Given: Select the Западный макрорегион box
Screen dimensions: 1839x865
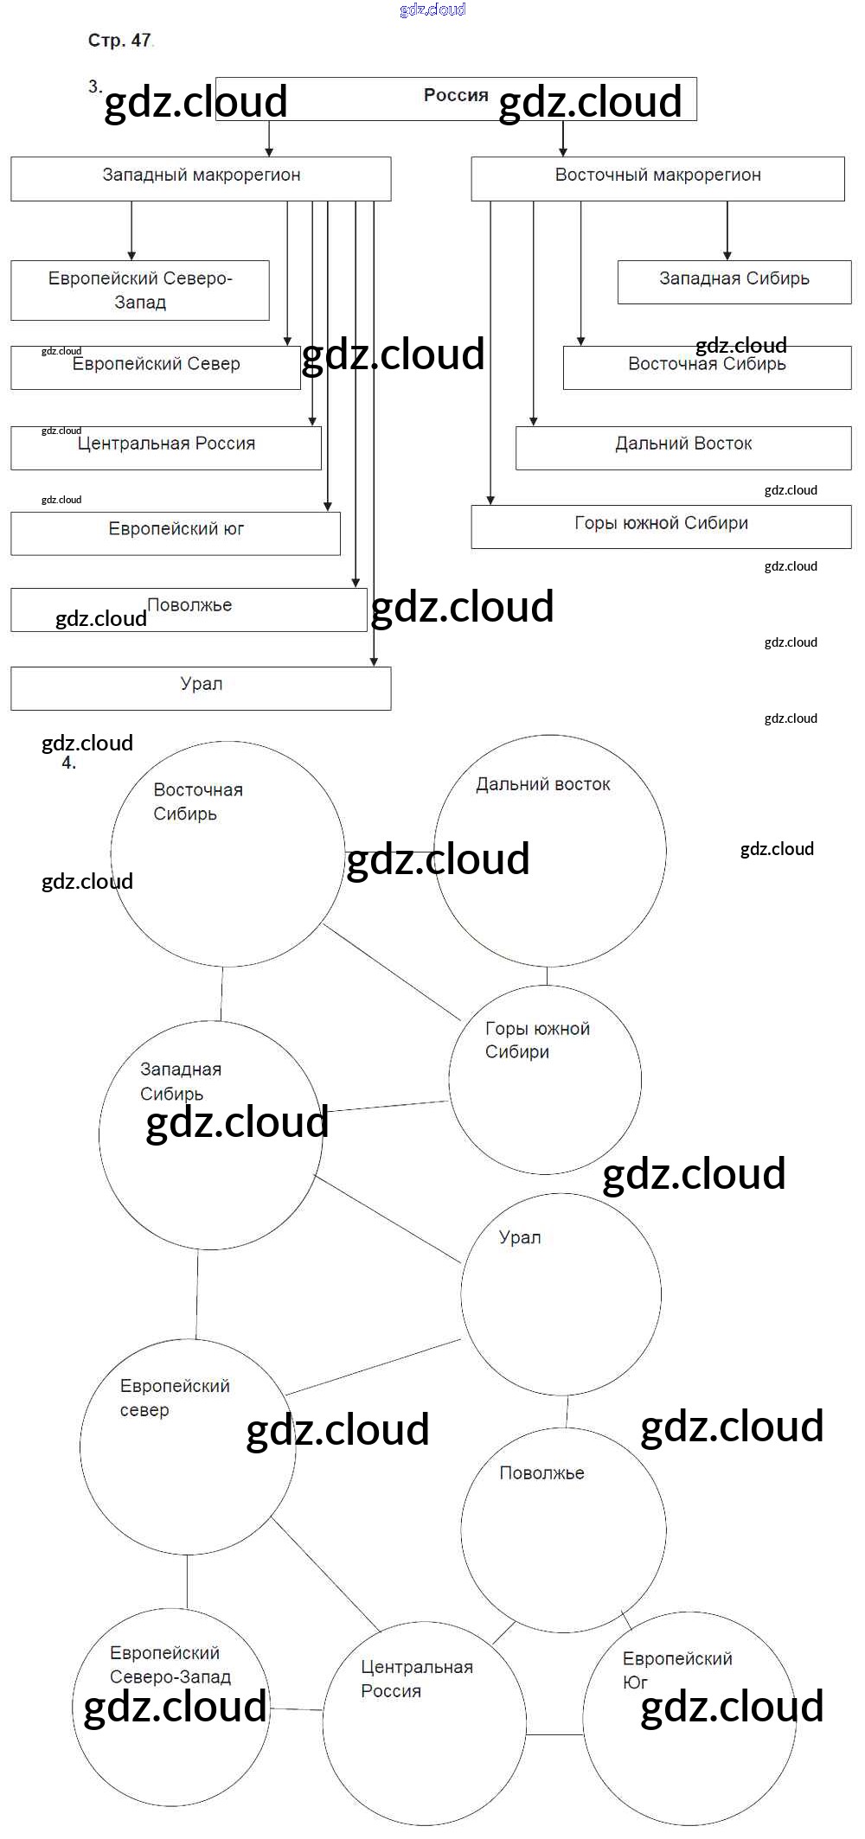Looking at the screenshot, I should coord(201,178).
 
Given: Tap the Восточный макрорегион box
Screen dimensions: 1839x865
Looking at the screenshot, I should coord(657,178).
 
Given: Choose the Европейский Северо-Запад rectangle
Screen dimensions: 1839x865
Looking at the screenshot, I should coord(140,291).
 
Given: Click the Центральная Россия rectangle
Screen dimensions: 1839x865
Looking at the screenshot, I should coord(166,448).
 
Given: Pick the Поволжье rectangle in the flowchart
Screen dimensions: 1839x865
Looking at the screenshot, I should coord(189,610).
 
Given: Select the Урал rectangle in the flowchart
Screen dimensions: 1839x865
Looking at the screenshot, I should coord(201,688).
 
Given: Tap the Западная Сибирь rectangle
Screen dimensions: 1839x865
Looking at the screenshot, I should coord(734,282).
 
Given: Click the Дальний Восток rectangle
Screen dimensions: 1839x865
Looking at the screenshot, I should coord(683,448).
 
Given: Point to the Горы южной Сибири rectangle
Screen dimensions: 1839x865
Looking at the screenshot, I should coord(661,527).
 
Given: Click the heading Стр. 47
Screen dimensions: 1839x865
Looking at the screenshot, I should coord(119,41).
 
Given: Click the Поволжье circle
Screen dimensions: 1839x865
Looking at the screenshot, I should coord(563,1529).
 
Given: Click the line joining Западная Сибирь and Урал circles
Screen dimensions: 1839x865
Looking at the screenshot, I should coord(388,1219).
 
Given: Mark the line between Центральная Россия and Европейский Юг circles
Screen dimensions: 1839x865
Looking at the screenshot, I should coord(554,1734).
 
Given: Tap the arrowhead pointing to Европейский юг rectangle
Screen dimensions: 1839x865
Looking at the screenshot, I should coord(327,506).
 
